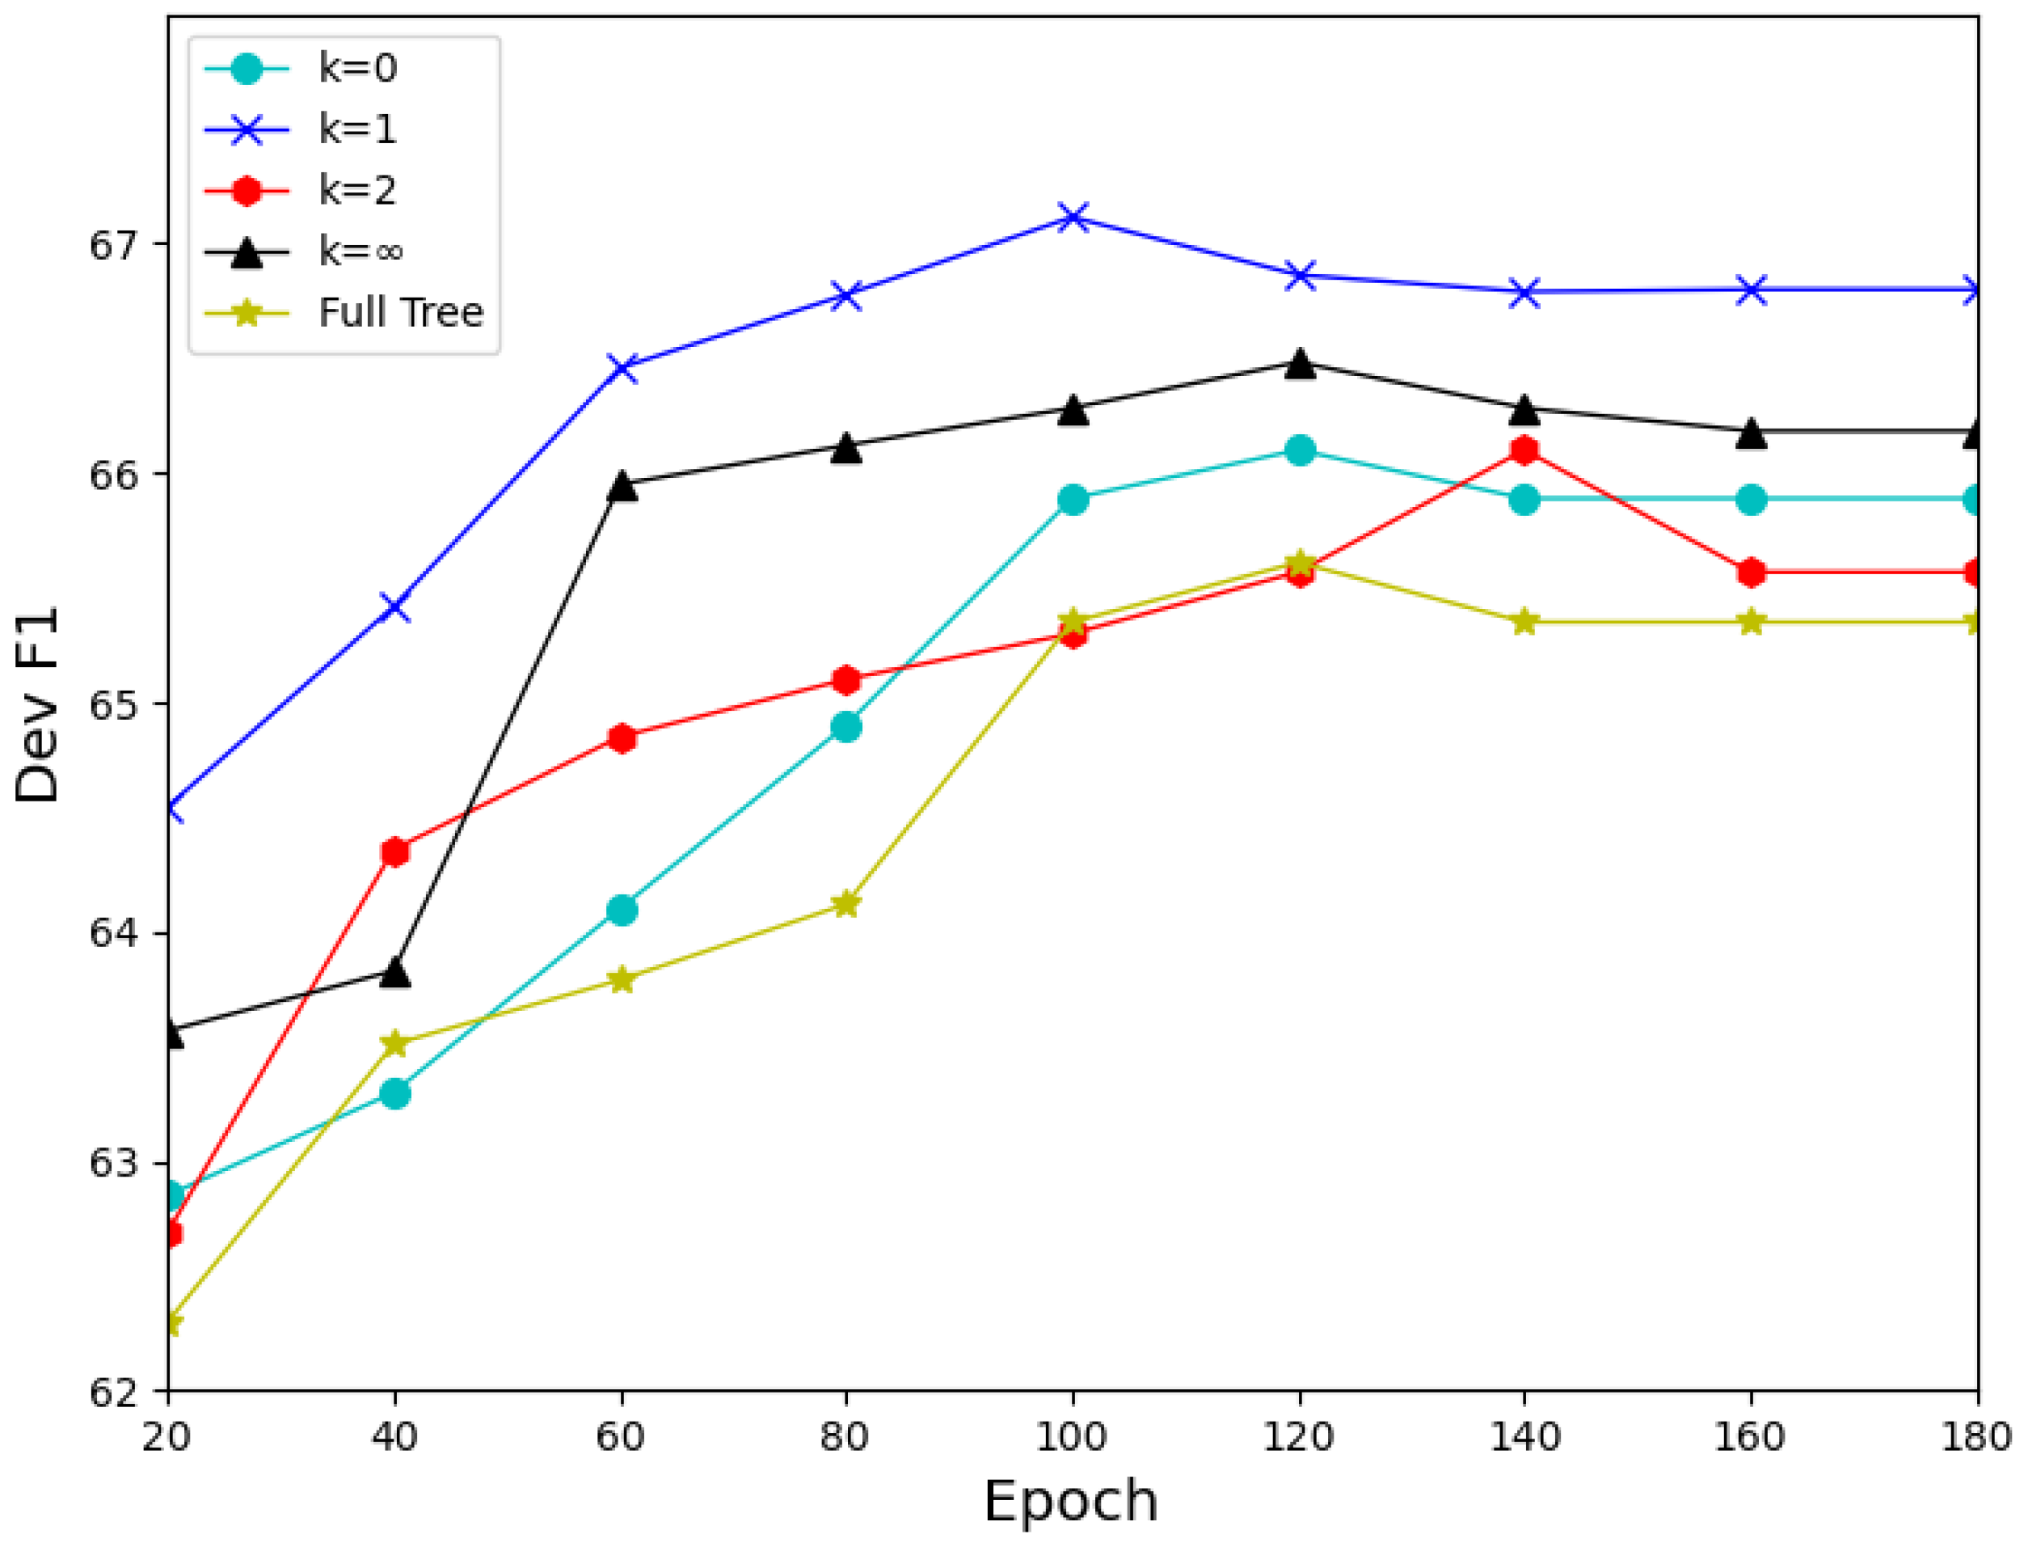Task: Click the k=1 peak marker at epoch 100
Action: point(1073,218)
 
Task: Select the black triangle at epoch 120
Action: point(1299,364)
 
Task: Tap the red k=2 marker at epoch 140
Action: point(1524,450)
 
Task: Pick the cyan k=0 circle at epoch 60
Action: point(622,910)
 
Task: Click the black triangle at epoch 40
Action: point(395,971)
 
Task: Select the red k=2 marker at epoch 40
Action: point(395,852)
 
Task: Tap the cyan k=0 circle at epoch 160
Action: point(1752,500)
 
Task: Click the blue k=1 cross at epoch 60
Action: point(622,367)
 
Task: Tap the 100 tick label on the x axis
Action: point(1071,1437)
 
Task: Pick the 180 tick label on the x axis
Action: point(1976,1437)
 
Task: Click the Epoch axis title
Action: point(1070,1502)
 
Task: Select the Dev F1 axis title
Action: point(37,704)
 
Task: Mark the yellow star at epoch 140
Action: point(1524,623)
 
